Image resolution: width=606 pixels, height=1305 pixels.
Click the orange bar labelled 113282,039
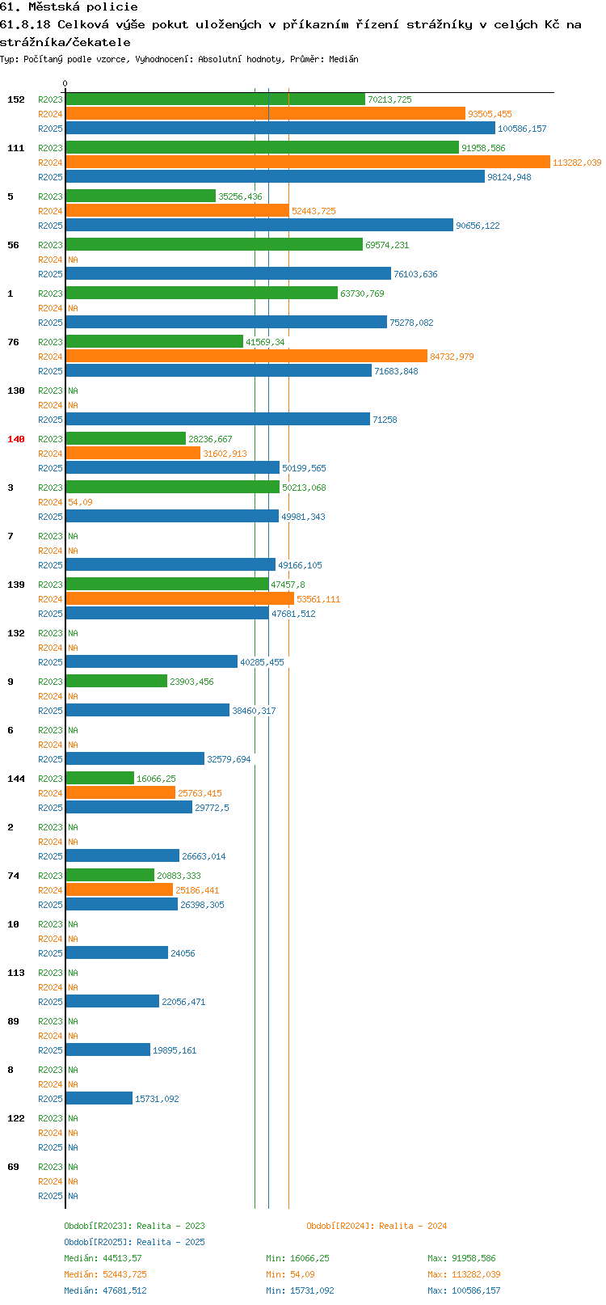308,162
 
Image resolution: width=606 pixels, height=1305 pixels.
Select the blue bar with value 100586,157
280,129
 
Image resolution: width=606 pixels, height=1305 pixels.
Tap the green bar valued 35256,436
141,196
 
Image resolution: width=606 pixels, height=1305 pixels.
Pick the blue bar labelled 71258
217,419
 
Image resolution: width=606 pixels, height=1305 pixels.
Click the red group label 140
15,439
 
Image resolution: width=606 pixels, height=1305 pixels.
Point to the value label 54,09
80,502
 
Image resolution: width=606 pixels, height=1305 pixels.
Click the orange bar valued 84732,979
246,356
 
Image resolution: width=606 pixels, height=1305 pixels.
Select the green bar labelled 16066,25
100,779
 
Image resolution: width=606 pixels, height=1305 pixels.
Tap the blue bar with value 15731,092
99,1098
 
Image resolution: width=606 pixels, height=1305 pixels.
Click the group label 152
15,99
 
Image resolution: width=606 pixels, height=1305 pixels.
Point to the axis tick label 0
65,83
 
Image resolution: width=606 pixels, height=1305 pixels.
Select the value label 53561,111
318,599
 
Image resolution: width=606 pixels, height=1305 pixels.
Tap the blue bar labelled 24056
117,952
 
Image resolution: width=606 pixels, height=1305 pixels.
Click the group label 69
13,1167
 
